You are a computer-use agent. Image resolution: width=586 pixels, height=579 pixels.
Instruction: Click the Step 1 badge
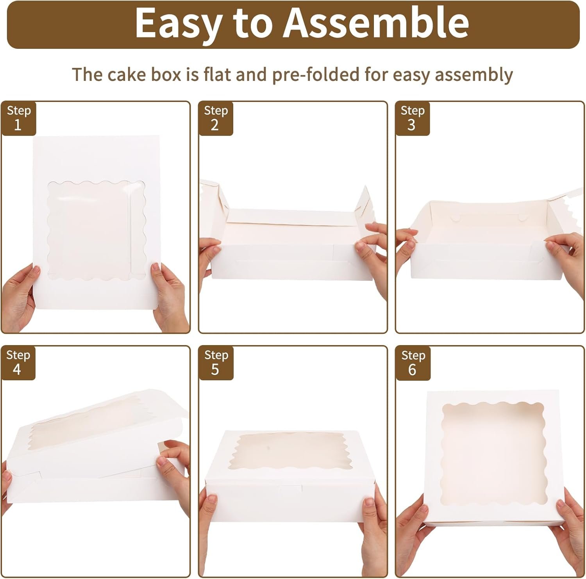click(19, 118)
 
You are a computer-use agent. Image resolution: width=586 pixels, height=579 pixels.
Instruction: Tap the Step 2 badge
click(216, 118)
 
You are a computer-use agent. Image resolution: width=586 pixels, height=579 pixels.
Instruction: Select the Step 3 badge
click(413, 118)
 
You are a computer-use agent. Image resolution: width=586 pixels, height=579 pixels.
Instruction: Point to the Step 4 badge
click(18, 363)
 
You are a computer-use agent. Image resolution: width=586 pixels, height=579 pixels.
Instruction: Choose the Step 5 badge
click(216, 363)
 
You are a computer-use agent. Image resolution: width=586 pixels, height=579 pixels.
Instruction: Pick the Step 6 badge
click(413, 363)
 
